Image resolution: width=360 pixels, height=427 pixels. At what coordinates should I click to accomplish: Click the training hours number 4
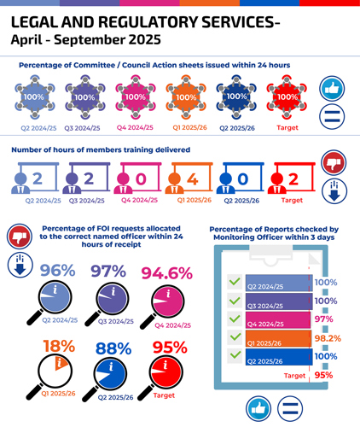pos(193,178)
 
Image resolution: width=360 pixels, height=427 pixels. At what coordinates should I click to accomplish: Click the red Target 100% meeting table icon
pos(287,97)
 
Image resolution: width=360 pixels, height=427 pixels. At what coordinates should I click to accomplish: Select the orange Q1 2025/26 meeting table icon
pos(185,97)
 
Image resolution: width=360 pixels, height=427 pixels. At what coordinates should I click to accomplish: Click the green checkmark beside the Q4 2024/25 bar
pos(232,319)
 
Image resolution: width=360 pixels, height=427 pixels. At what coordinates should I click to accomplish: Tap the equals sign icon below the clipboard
pos(290,409)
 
